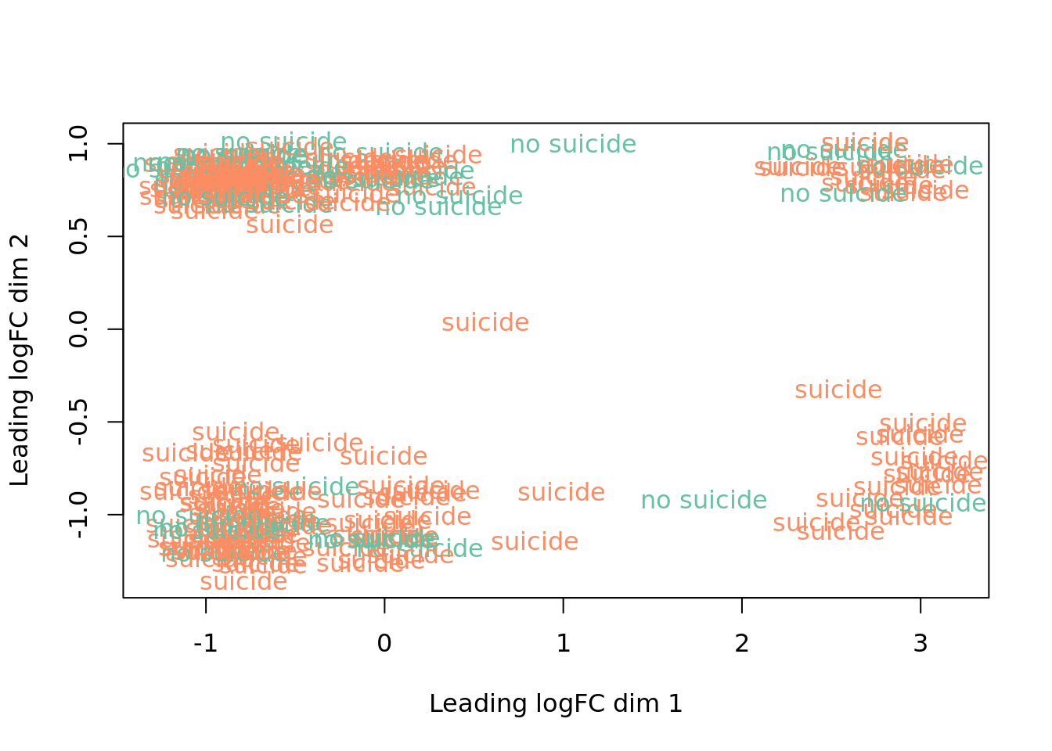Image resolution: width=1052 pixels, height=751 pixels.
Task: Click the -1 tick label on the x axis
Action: tap(205, 644)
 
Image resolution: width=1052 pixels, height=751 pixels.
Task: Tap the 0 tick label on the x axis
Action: tap(384, 644)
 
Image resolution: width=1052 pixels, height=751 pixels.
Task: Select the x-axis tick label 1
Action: tap(563, 644)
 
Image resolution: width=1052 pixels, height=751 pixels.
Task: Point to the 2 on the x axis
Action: tap(741, 644)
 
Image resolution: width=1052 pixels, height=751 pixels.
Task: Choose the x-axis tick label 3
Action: tap(920, 644)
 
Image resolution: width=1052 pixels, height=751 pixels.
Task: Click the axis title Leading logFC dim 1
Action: tap(556, 704)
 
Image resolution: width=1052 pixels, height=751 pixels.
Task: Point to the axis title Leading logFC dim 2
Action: tap(20, 360)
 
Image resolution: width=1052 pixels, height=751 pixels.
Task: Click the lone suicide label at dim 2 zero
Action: tap(485, 323)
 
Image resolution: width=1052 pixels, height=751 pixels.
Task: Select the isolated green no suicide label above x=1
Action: tap(573, 145)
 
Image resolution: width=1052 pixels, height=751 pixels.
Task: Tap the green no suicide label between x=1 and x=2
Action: tap(704, 501)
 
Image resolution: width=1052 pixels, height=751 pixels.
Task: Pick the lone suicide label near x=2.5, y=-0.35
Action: tap(838, 390)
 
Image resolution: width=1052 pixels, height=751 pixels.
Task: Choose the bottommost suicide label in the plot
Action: tap(243, 582)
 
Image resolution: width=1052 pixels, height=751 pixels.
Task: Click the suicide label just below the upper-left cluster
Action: tap(290, 225)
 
